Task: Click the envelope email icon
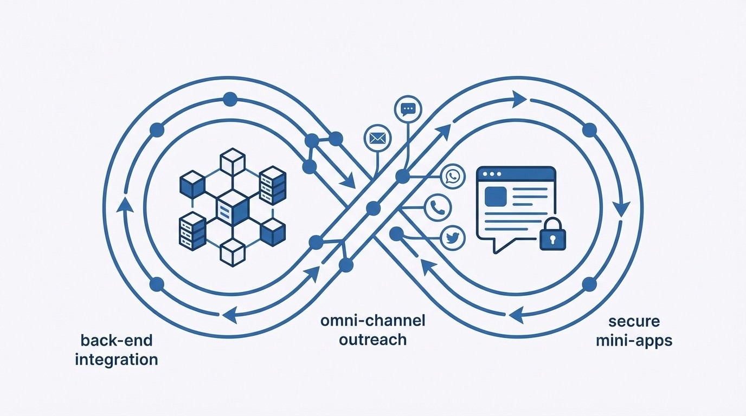377,138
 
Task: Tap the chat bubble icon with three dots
408,109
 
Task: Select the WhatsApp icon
453,177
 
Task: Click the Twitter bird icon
453,238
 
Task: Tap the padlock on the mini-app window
552,234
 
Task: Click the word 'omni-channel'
372,320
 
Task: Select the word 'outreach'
372,340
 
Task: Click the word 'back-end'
117,340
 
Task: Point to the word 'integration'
117,359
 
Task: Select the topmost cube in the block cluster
233,162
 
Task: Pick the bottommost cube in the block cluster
233,252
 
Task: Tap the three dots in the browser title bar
492,174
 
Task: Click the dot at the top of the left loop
230,99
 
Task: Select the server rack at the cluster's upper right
272,185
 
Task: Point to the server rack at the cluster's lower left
192,230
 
